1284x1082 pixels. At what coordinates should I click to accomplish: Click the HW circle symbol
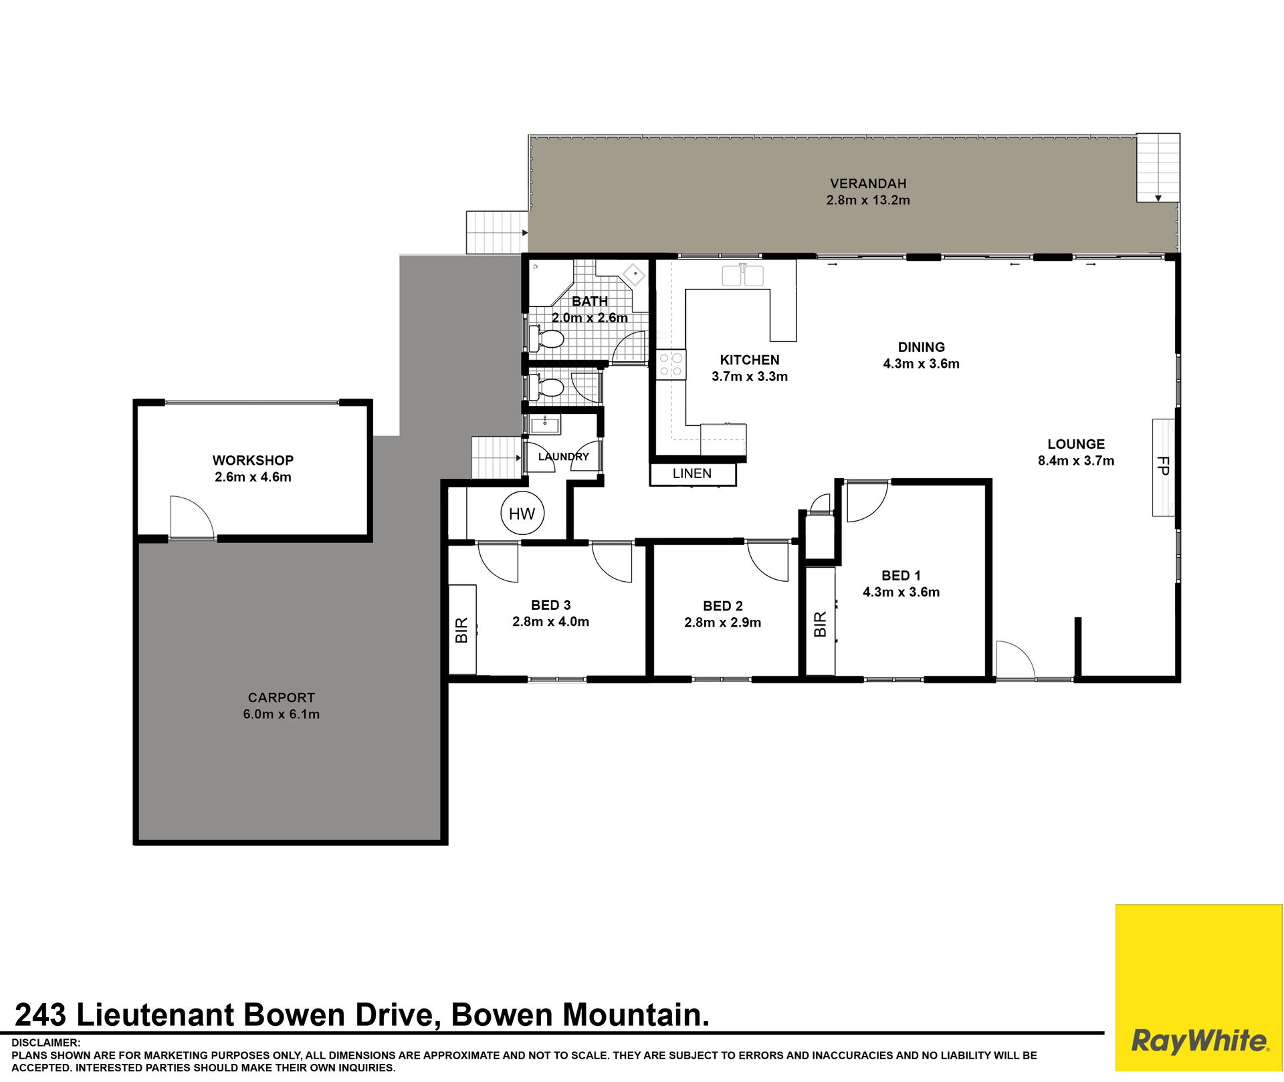pos(522,513)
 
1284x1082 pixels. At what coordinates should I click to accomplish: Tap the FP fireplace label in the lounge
pos(1163,465)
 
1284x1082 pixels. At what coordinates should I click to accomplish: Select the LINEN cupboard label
pos(692,473)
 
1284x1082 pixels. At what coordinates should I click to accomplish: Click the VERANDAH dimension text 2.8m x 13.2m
pos(868,200)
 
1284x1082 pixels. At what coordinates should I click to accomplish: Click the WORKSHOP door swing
pos(192,517)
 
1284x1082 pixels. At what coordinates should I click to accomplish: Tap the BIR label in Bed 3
pos(461,631)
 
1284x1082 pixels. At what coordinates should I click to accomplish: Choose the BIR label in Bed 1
pos(821,624)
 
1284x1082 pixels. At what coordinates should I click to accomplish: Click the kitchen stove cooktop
pos(671,365)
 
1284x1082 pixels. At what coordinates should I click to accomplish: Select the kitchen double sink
pos(743,275)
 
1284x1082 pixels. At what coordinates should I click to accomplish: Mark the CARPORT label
pos(282,697)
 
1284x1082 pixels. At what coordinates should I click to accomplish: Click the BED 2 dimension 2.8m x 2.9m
pos(723,623)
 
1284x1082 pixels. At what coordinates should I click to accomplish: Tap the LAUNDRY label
pos(564,457)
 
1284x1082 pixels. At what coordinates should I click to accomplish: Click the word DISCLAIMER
pos(45,1043)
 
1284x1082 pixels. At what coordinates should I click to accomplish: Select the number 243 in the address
pos(41,1014)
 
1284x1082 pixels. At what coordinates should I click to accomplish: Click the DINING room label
pos(922,347)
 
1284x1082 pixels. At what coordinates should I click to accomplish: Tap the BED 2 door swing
pos(768,560)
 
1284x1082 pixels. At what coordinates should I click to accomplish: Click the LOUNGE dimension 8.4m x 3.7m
pos(1076,461)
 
